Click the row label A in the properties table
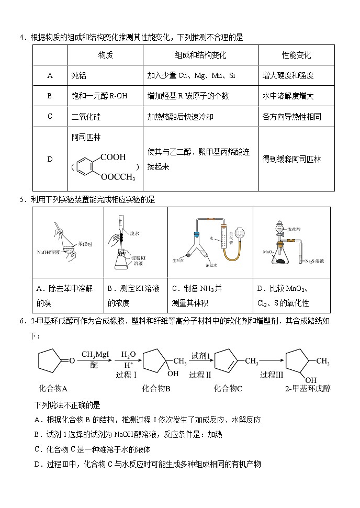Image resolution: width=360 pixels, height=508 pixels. point(50,75)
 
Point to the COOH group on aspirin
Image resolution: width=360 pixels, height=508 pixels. point(113,157)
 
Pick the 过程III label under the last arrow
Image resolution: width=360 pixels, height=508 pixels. point(272,375)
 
